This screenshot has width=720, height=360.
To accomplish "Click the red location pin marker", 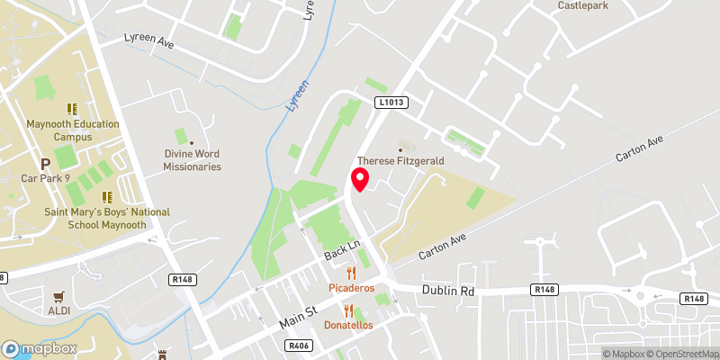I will click(360, 179).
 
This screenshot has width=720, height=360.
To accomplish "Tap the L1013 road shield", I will click(388, 103).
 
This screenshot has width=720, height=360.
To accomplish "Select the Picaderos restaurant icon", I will click(352, 272).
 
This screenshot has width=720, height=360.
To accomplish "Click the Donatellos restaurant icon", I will click(347, 310).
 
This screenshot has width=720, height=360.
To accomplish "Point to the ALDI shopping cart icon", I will click(60, 296).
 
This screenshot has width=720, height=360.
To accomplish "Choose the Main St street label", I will click(298, 317).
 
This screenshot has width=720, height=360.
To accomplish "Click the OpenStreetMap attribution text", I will click(681, 354).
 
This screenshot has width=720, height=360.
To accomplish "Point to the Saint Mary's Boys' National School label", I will click(107, 218).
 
